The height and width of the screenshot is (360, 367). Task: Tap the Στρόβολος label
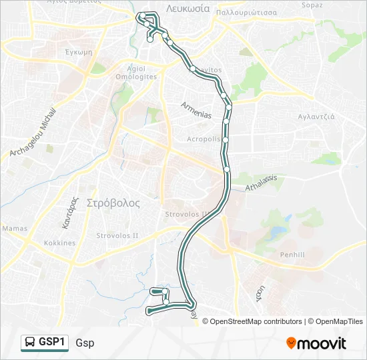click(x=113, y=203)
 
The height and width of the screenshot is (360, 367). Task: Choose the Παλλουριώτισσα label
click(x=256, y=11)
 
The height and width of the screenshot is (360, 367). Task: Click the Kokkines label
click(x=60, y=243)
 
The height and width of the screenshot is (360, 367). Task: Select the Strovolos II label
click(x=117, y=235)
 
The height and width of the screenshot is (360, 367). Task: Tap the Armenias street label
click(x=196, y=111)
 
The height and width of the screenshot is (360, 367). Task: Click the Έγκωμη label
click(x=79, y=51)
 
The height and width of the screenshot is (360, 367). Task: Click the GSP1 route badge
click(x=45, y=342)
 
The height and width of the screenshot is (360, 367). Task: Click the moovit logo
click(x=316, y=343)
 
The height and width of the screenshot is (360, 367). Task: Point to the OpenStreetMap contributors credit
click(x=256, y=321)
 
